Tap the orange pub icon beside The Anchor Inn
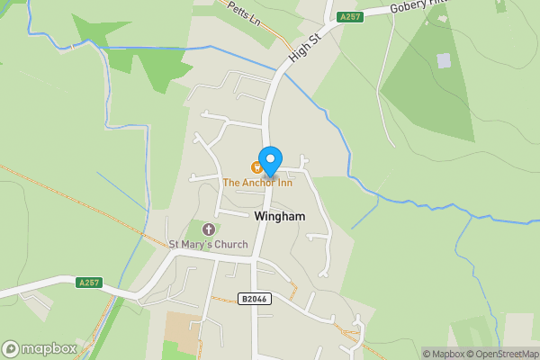[x=256, y=166]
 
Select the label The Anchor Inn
[x=258, y=183]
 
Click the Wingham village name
[x=280, y=217]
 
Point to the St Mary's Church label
[x=208, y=244]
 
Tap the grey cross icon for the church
[x=210, y=229]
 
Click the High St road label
[x=303, y=50]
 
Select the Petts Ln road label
[x=243, y=13]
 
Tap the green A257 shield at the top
[x=350, y=17]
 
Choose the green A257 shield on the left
[x=89, y=283]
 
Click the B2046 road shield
[x=256, y=299]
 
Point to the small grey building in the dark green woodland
[x=443, y=60]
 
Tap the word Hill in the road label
[x=440, y=4]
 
